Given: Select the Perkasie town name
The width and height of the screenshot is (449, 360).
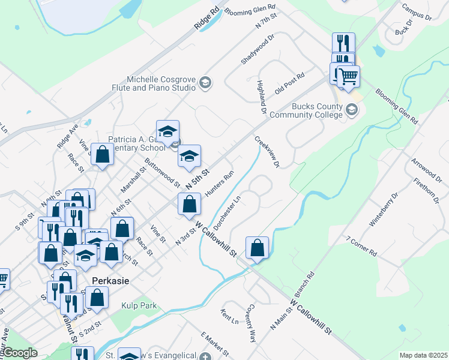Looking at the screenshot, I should click(x=112, y=280).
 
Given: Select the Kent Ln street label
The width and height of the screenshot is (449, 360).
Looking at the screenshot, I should click(x=230, y=316).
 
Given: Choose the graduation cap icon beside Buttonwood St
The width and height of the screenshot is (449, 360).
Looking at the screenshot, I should click(x=189, y=157).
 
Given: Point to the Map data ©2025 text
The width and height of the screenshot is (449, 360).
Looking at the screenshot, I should click(x=423, y=355).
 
